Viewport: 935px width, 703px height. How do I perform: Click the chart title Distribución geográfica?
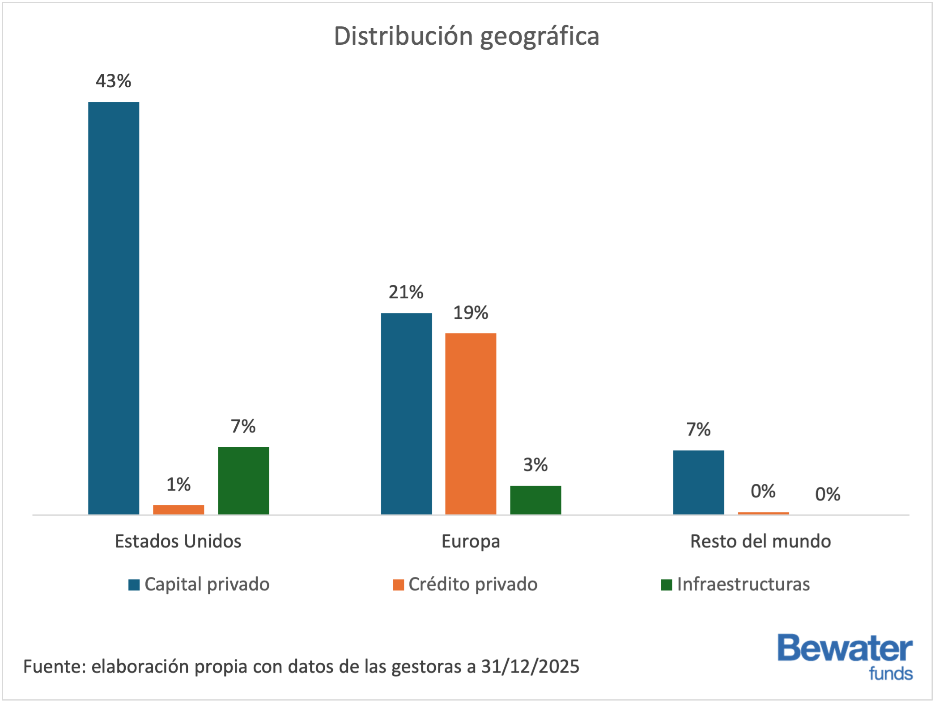466,36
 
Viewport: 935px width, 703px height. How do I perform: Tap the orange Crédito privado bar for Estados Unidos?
178,509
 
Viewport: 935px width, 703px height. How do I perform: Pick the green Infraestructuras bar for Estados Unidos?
243,480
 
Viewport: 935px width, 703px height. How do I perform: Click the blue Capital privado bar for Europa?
406,413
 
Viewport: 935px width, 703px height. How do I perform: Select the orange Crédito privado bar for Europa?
471,423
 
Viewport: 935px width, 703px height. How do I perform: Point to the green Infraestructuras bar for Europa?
535,500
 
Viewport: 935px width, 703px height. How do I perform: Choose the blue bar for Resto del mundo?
698,482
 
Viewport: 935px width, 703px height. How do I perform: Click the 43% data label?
114,81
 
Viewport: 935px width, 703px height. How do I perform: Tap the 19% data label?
471,313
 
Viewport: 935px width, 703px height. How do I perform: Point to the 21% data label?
406,292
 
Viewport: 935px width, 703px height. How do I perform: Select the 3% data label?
535,465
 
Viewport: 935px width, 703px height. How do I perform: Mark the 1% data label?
178,485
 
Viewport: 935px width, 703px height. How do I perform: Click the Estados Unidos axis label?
178,542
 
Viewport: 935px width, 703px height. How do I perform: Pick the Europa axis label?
471,542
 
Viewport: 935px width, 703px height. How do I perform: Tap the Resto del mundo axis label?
761,542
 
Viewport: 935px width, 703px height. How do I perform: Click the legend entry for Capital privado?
199,584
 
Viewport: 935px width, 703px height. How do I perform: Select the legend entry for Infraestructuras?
735,584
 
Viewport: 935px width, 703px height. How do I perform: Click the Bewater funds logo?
845,656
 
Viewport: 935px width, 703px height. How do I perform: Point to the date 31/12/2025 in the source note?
530,667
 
